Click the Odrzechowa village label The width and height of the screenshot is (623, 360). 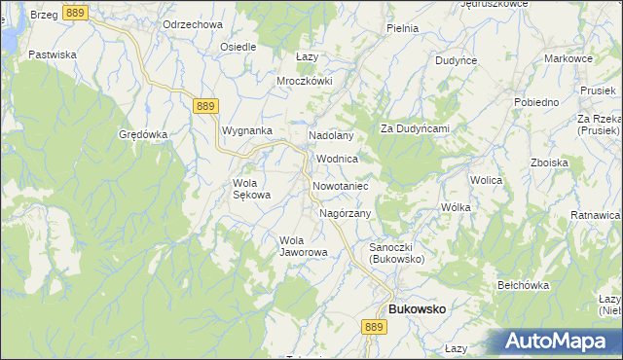[x=194, y=23]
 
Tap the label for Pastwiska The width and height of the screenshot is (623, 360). [x=53, y=54]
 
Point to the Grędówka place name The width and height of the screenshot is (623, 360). [x=144, y=134]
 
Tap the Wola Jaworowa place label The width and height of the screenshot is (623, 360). [x=303, y=245]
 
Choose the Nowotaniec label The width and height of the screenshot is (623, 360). [x=339, y=185]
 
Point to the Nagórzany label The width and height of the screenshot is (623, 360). [x=346, y=212]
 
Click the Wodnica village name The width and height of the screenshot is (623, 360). [x=338, y=158]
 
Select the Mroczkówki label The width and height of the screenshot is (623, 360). [x=305, y=81]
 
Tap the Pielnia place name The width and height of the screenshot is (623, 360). [x=402, y=28]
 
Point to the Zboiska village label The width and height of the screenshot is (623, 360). [x=549, y=162]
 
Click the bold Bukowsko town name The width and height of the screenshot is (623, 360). [x=417, y=308]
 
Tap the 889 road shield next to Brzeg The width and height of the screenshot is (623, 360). [x=75, y=12]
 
